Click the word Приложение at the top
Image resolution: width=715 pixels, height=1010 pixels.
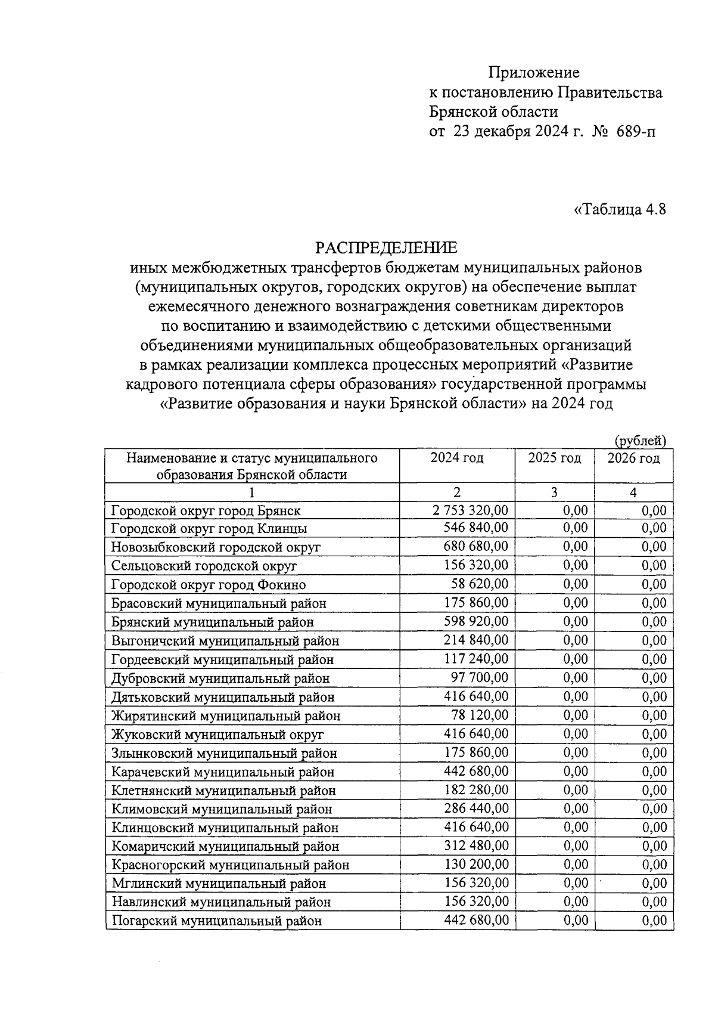click(533, 73)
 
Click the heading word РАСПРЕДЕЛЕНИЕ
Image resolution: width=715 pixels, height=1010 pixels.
click(386, 247)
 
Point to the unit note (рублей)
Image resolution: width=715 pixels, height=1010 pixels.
click(639, 441)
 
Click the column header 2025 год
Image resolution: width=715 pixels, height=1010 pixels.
click(554, 458)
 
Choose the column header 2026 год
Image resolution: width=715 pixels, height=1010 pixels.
click(633, 458)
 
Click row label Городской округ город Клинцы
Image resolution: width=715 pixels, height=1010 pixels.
click(209, 529)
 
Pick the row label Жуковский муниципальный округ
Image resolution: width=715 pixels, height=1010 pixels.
click(217, 735)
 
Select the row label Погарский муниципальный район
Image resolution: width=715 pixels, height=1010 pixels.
click(217, 921)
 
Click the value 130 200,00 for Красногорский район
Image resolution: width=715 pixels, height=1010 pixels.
click(477, 865)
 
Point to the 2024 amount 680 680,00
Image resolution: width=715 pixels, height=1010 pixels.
click(476, 547)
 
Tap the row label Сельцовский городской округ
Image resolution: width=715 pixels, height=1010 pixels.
click(204, 566)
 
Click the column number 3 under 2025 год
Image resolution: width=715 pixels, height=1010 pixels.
click(554, 492)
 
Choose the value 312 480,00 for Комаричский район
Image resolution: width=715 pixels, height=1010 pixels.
click(477, 846)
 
